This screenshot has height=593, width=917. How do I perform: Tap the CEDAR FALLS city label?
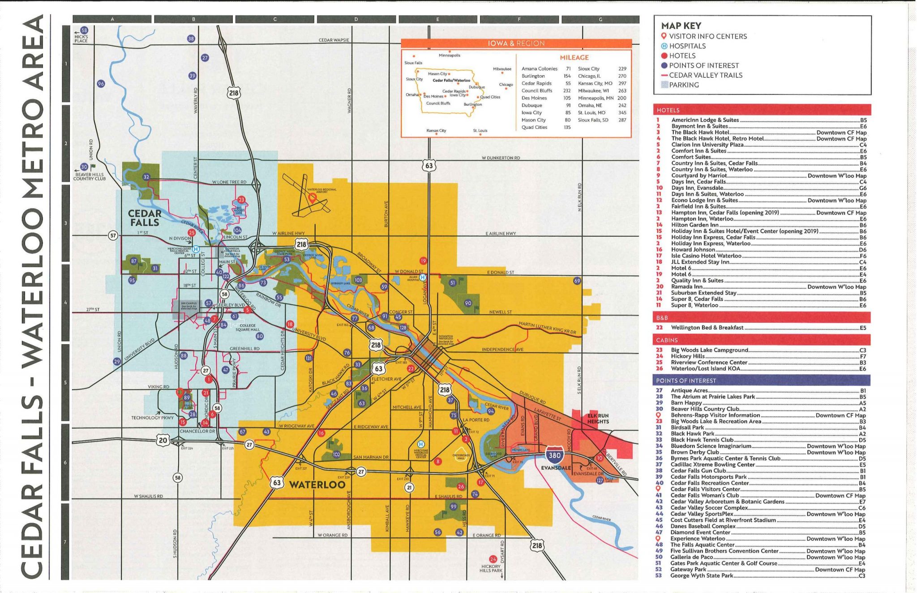pyautogui.click(x=144, y=218)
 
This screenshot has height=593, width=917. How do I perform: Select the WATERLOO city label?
pyautogui.click(x=317, y=484)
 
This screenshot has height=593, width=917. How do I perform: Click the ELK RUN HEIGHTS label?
pyautogui.click(x=598, y=418)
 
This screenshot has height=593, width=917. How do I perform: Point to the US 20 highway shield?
pyautogui.click(x=163, y=440)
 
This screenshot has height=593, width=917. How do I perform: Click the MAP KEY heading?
pyautogui.click(x=681, y=26)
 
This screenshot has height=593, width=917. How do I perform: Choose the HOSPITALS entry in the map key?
pyautogui.click(x=687, y=46)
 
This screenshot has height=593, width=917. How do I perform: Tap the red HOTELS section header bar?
pyautogui.click(x=761, y=110)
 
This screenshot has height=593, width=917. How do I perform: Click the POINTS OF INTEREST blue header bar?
pyautogui.click(x=761, y=380)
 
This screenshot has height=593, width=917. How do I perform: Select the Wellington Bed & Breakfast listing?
pyautogui.click(x=707, y=328)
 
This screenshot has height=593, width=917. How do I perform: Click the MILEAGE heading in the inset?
pyautogui.click(x=574, y=58)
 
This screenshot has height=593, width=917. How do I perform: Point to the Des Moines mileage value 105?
pyautogui.click(x=567, y=98)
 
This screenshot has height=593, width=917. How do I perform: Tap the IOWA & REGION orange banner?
pyautogui.click(x=516, y=43)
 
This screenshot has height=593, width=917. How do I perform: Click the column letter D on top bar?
pyautogui.click(x=356, y=19)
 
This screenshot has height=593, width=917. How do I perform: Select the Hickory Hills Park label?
pyautogui.click(x=491, y=568)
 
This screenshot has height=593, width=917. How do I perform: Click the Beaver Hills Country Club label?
pyautogui.click(x=90, y=176)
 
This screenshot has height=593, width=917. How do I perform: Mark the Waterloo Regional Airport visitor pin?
pyautogui.click(x=313, y=197)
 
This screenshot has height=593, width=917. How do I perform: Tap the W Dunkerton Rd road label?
pyautogui.click(x=501, y=158)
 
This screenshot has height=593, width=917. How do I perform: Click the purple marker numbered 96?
pyautogui.click(x=101, y=84)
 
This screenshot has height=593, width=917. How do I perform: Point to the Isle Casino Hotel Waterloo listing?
pyautogui.click(x=706, y=256)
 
